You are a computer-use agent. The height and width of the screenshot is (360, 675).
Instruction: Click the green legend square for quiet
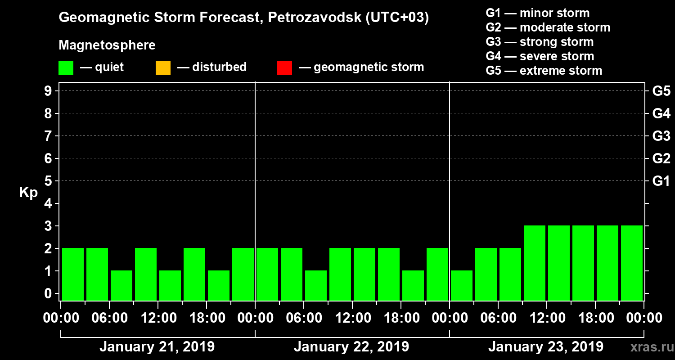pyautogui.click(x=66, y=68)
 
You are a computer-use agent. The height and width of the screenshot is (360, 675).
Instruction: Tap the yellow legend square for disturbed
pyautogui.click(x=163, y=68)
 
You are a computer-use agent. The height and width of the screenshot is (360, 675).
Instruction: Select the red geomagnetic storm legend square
pyautogui.click(x=284, y=68)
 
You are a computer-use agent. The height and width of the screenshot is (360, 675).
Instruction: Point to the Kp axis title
pyautogui.click(x=28, y=193)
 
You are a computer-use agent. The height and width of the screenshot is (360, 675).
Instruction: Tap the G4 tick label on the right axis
pyautogui.click(x=661, y=113)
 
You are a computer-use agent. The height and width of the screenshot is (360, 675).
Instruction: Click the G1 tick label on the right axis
pyautogui.click(x=661, y=181)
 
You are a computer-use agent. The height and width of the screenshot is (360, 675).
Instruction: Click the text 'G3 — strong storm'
pyautogui.click(x=540, y=42)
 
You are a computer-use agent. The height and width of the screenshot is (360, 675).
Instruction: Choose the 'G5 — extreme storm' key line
pyautogui.click(x=544, y=71)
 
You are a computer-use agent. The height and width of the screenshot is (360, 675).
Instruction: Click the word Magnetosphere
pyautogui.click(x=107, y=46)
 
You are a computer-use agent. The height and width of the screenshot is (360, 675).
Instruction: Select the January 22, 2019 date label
pyautogui.click(x=351, y=347)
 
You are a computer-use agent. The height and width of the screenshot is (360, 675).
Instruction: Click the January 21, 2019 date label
pyautogui.click(x=157, y=347)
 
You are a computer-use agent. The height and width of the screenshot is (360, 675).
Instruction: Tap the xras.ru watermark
pyautogui.click(x=648, y=347)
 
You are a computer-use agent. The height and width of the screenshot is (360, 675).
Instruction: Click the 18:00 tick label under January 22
pyautogui.click(x=401, y=318)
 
